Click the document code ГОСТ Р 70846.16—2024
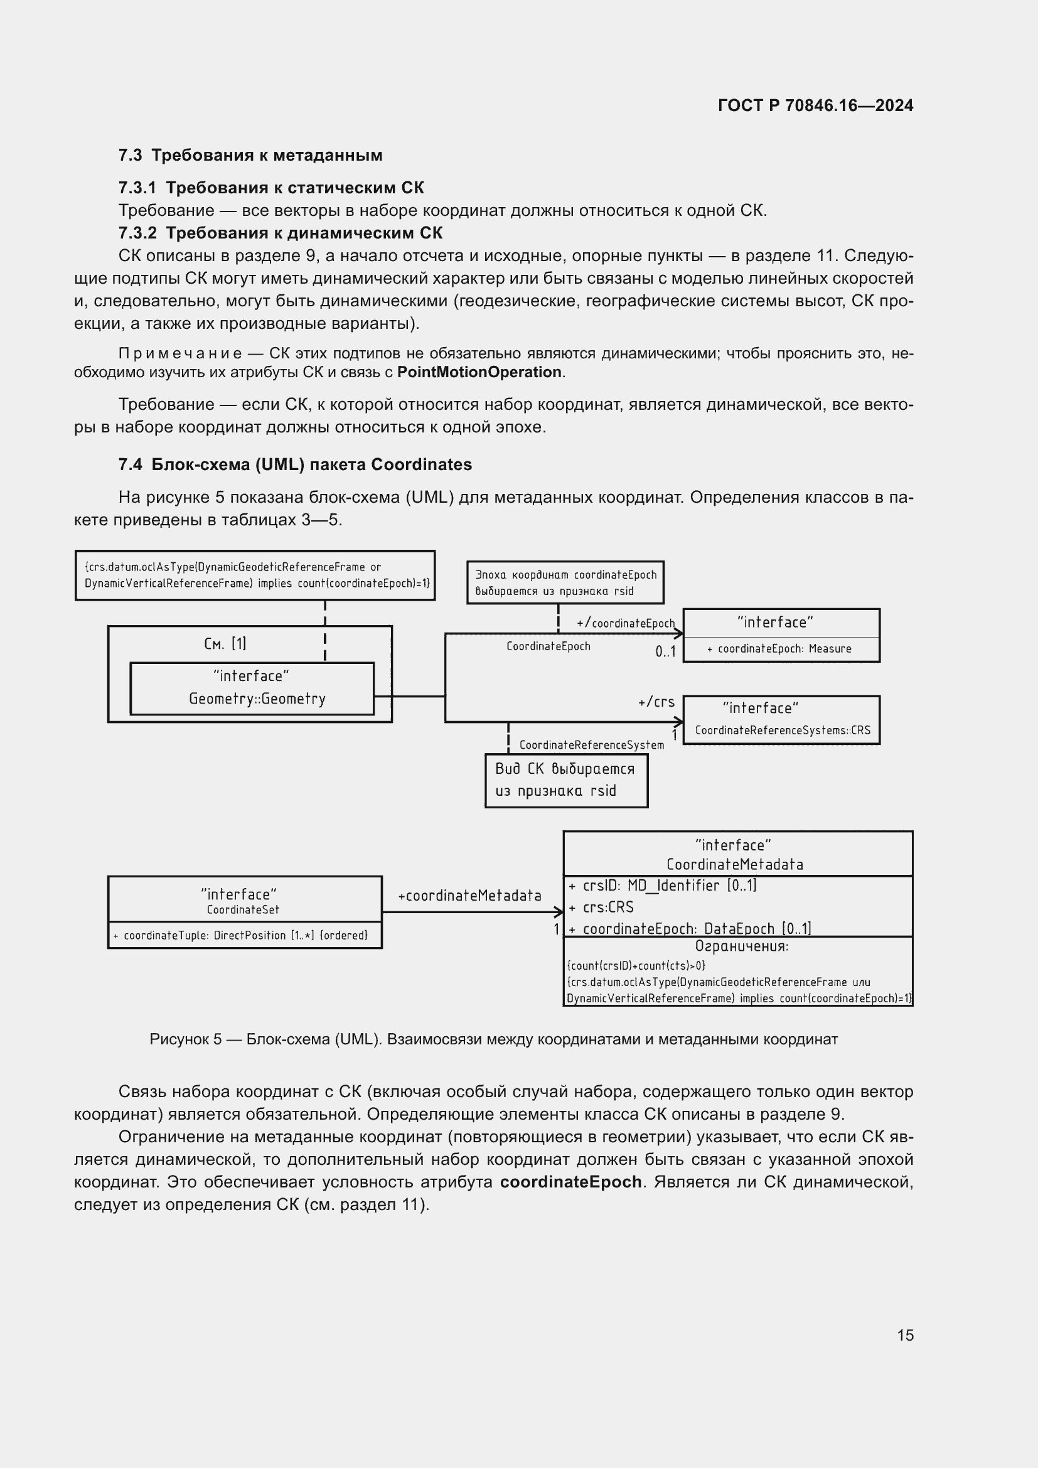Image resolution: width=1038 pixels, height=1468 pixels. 815,105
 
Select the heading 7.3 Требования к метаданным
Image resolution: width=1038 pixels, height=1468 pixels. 250,156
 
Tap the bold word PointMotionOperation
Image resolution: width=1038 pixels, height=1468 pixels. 479,372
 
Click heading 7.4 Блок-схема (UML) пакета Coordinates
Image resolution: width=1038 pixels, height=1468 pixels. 295,465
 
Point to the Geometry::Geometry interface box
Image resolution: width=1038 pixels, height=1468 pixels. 252,688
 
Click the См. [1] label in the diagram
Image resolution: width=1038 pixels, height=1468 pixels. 225,643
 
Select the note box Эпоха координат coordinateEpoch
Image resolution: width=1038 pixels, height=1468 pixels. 565,582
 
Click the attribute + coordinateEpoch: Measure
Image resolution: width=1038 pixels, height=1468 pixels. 780,649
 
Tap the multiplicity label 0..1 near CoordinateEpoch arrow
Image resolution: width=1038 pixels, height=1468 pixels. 665,652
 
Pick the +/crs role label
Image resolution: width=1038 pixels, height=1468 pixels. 656,702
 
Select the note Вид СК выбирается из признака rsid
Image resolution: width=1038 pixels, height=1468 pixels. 565,780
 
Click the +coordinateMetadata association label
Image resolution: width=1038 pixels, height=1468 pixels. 469,896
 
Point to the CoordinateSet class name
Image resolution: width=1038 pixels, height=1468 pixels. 243,910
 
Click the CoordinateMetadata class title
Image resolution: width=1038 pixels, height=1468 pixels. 734,864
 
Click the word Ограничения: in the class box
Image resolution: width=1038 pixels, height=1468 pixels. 741,946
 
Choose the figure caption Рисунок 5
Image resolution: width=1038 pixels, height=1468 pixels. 493,1039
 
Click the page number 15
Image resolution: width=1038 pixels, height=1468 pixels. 905,1335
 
